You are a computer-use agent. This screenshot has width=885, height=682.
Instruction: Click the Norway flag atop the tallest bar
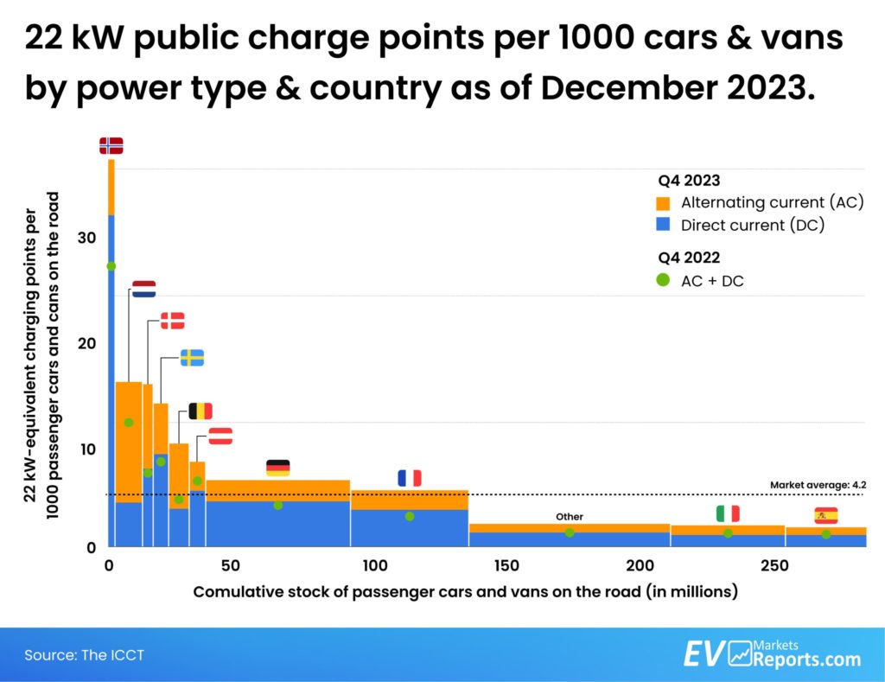pos(111,145)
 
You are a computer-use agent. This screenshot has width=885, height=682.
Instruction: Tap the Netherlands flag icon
pos(143,289)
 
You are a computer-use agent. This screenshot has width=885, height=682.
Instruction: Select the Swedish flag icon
pos(192,358)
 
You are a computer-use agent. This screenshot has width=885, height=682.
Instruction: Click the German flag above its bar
pos(278,468)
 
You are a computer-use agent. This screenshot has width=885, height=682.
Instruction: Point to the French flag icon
pos(409,478)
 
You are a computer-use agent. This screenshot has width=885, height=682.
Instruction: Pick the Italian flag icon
pos(728,513)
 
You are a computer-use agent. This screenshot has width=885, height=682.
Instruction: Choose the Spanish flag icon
pos(825,516)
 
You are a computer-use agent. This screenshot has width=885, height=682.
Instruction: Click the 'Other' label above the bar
pos(570,517)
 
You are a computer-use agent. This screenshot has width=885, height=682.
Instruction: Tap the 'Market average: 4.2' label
pos(817,486)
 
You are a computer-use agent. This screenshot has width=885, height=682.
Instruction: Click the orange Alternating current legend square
pos(663,204)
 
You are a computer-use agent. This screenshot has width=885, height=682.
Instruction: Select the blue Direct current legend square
pos(663,226)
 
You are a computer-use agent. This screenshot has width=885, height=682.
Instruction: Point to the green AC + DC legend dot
pos(663,280)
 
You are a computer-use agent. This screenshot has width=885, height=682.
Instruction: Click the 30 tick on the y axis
pos(85,238)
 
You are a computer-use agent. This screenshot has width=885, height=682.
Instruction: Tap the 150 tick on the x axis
pos(506,566)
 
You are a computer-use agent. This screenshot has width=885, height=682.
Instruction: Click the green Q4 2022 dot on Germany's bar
pos(278,505)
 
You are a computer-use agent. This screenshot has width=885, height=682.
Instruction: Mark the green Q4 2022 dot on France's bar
pos(409,516)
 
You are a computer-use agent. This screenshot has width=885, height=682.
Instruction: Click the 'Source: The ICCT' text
pos(84,655)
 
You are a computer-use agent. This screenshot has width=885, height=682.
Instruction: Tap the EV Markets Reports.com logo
pos(772,653)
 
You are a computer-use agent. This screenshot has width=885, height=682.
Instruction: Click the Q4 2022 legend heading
pos(689,257)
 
